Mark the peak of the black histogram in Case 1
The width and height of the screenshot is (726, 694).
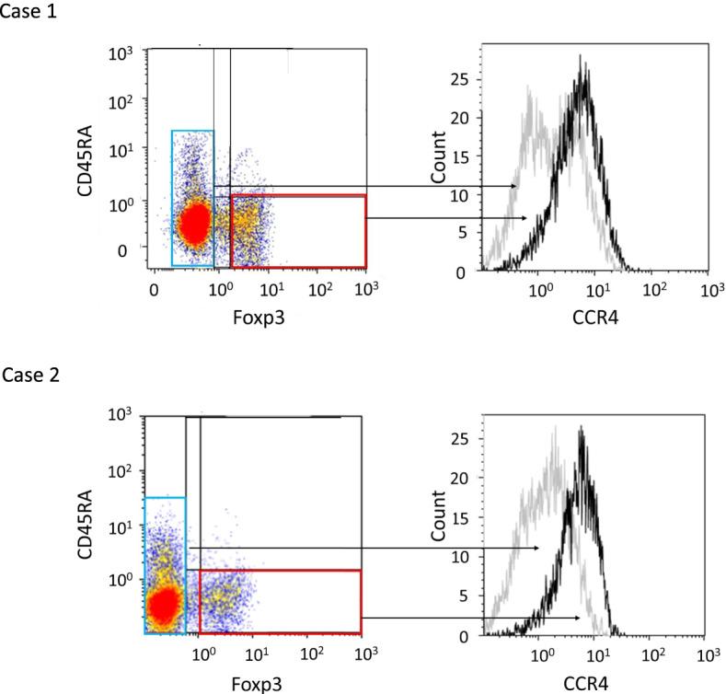[x=581, y=57]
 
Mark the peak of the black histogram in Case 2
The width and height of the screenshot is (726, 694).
[x=582, y=427]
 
